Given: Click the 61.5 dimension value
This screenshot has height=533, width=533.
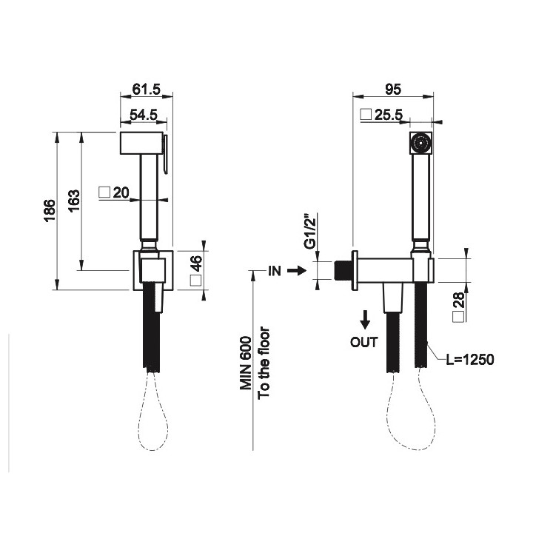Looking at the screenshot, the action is pos(146,90).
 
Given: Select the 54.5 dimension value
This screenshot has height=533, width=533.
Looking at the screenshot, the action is pos(144,115).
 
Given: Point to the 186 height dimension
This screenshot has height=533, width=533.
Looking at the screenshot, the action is pos(50,211).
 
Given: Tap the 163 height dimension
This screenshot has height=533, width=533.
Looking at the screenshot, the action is pos(74,201).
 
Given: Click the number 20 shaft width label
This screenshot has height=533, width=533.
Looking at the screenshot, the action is pos(121,192).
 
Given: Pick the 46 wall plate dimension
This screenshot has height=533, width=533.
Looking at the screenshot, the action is pos(196,264).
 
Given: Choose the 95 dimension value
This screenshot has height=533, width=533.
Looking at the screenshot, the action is pos(393,90).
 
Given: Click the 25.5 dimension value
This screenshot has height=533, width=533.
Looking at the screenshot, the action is pos(389,115).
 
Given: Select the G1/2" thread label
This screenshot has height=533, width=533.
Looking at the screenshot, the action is pos(310,231).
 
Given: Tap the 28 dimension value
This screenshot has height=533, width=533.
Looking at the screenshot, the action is pos(458,300).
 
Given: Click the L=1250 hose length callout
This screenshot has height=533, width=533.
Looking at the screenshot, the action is pos(470,360).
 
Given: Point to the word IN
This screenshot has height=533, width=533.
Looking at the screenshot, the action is pos(275,271).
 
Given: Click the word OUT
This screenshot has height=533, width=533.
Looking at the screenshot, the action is pos(364,342).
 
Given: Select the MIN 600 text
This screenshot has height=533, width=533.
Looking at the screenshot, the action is pos(246,363).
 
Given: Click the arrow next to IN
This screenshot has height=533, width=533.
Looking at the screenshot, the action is pos(297,271).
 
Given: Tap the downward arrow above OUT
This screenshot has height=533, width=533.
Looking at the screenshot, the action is pos(365,320).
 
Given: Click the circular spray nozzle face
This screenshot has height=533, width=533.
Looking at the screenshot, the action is pos(421,143).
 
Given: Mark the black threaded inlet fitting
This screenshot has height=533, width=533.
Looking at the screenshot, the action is pos(343,271).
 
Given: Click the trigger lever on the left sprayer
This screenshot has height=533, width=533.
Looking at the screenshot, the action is pos(165,155).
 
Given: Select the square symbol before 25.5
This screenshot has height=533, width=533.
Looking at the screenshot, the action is pos(366,115).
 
